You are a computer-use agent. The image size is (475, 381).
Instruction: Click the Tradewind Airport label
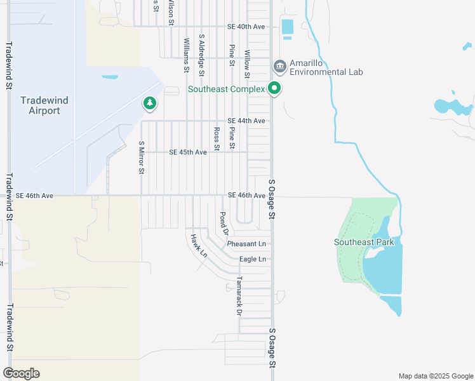(44, 105)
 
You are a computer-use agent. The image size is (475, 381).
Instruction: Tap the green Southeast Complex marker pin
(275, 89)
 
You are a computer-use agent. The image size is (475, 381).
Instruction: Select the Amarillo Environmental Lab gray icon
(279, 67)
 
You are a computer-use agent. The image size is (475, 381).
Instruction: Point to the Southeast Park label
(365, 242)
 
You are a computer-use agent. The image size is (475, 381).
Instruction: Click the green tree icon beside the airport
(150, 103)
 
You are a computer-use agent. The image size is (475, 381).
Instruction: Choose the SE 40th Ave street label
(246, 27)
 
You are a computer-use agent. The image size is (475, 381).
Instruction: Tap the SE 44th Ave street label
(246, 121)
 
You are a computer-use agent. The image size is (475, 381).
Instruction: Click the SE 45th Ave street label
(188, 152)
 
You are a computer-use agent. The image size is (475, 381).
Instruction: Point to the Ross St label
(217, 139)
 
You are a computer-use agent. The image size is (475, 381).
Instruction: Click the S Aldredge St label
(201, 55)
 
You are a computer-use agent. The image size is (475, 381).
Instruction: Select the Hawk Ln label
(198, 245)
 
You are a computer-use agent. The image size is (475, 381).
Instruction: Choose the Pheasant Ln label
(246, 244)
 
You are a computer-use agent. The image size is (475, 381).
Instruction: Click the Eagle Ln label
(252, 259)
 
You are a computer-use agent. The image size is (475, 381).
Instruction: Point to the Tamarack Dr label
(239, 296)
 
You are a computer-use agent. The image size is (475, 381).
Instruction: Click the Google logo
(21, 373)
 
